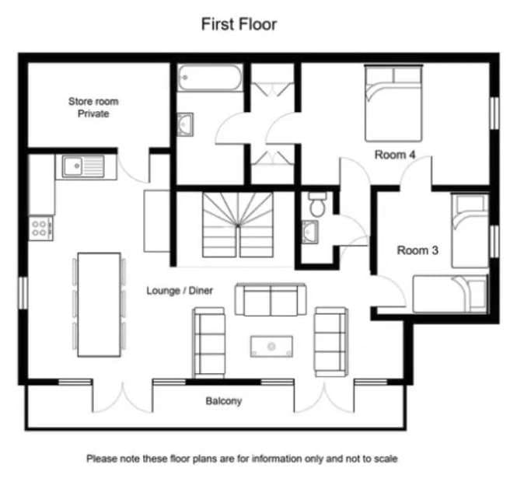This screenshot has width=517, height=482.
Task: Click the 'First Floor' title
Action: pos(239,24)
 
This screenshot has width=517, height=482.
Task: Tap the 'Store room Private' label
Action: pos(93,107)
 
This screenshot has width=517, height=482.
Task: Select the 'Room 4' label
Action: pos(395,155)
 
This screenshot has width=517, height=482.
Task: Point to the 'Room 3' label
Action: pos(417,250)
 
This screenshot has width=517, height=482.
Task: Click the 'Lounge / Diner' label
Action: pos(180,291)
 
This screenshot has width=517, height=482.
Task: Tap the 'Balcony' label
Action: pos(224,401)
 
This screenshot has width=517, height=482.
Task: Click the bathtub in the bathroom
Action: pos(210,78)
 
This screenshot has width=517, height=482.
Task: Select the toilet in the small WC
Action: pos(318,204)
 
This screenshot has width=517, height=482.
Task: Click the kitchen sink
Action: pos(83,166)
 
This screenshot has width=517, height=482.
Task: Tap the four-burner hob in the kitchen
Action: pos(41,228)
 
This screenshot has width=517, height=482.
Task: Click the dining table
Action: pos(100,305)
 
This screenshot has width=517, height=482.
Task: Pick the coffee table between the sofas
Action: pos(271,346)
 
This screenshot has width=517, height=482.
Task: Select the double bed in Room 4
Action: pos(393,103)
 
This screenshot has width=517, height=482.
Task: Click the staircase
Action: pos(238,225)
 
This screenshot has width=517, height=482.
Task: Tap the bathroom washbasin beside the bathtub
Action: pos(185,124)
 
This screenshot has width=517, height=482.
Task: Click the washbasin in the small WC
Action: pos(310,232)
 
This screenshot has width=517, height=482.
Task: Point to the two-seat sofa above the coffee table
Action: pos(271,299)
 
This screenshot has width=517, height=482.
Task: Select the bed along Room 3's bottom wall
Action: pos(450,294)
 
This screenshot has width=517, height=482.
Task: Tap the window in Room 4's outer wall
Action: pos(494,113)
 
